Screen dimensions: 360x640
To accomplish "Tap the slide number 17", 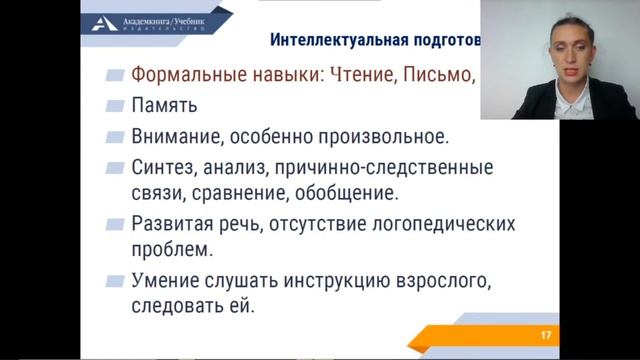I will tap(545, 333).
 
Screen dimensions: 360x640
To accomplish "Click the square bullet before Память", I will tap(115, 104).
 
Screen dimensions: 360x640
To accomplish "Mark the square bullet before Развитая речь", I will tap(115, 223).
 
